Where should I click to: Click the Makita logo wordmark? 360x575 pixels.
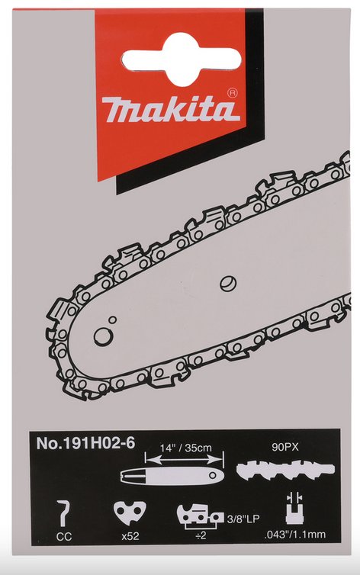[171, 109]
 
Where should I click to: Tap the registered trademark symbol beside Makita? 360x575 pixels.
[233, 93]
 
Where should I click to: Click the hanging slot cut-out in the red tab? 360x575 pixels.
[182, 59]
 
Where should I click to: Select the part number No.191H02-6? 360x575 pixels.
[85, 443]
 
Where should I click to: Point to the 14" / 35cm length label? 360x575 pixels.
[186, 448]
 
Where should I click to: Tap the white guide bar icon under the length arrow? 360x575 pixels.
[172, 476]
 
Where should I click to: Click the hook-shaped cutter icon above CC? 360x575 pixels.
[65, 513]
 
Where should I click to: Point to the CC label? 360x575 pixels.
[64, 537]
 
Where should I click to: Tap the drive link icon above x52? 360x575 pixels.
[130, 513]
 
